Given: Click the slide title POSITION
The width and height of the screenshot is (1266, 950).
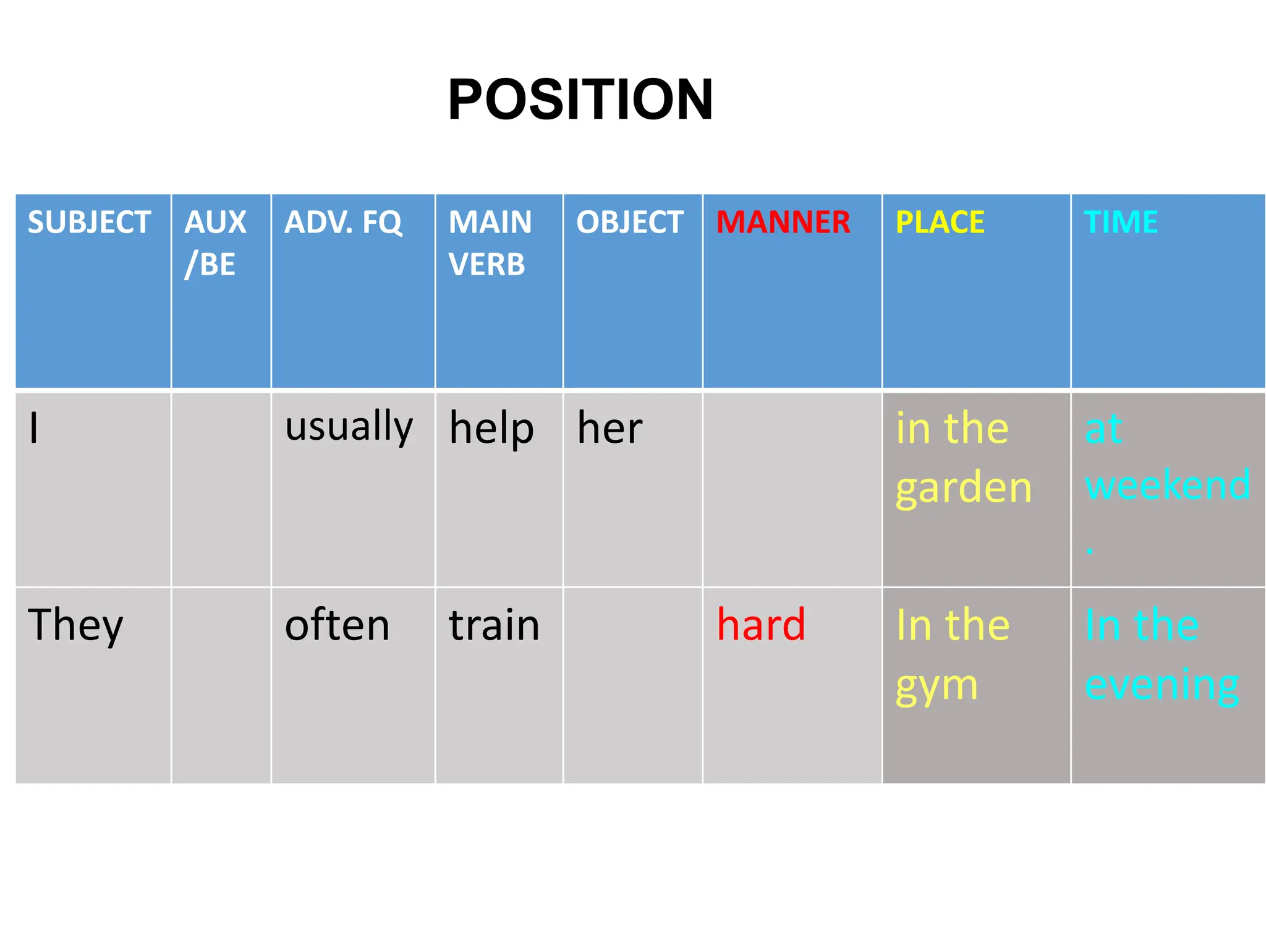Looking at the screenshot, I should pos(580,100).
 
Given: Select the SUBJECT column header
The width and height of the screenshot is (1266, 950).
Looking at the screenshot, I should pos(89,222).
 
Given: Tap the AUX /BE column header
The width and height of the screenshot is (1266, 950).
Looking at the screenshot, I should pos(215,242).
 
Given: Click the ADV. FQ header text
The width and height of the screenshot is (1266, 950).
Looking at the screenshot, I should pos(343,222).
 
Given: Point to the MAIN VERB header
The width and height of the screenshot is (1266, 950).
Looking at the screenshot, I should pos(490,242).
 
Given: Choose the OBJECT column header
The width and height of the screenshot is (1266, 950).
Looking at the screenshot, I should pos(629,222).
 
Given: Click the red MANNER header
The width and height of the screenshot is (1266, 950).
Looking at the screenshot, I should pos(783,222).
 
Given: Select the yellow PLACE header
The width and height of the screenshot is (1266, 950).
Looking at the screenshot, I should pos(940,222).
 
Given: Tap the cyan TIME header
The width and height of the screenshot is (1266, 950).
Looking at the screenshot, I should pos(1120,222).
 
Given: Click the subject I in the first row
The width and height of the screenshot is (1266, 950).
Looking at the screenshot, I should pos(34,428).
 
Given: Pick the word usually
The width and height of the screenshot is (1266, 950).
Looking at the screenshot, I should pos(349,427).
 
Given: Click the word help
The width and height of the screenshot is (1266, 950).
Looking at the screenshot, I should pos(491,428).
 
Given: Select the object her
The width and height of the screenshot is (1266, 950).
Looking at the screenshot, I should pos(610,428).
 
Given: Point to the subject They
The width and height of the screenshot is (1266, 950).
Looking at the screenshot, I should pos(75,625).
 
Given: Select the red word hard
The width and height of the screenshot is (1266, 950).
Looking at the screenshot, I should pos(761,625).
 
